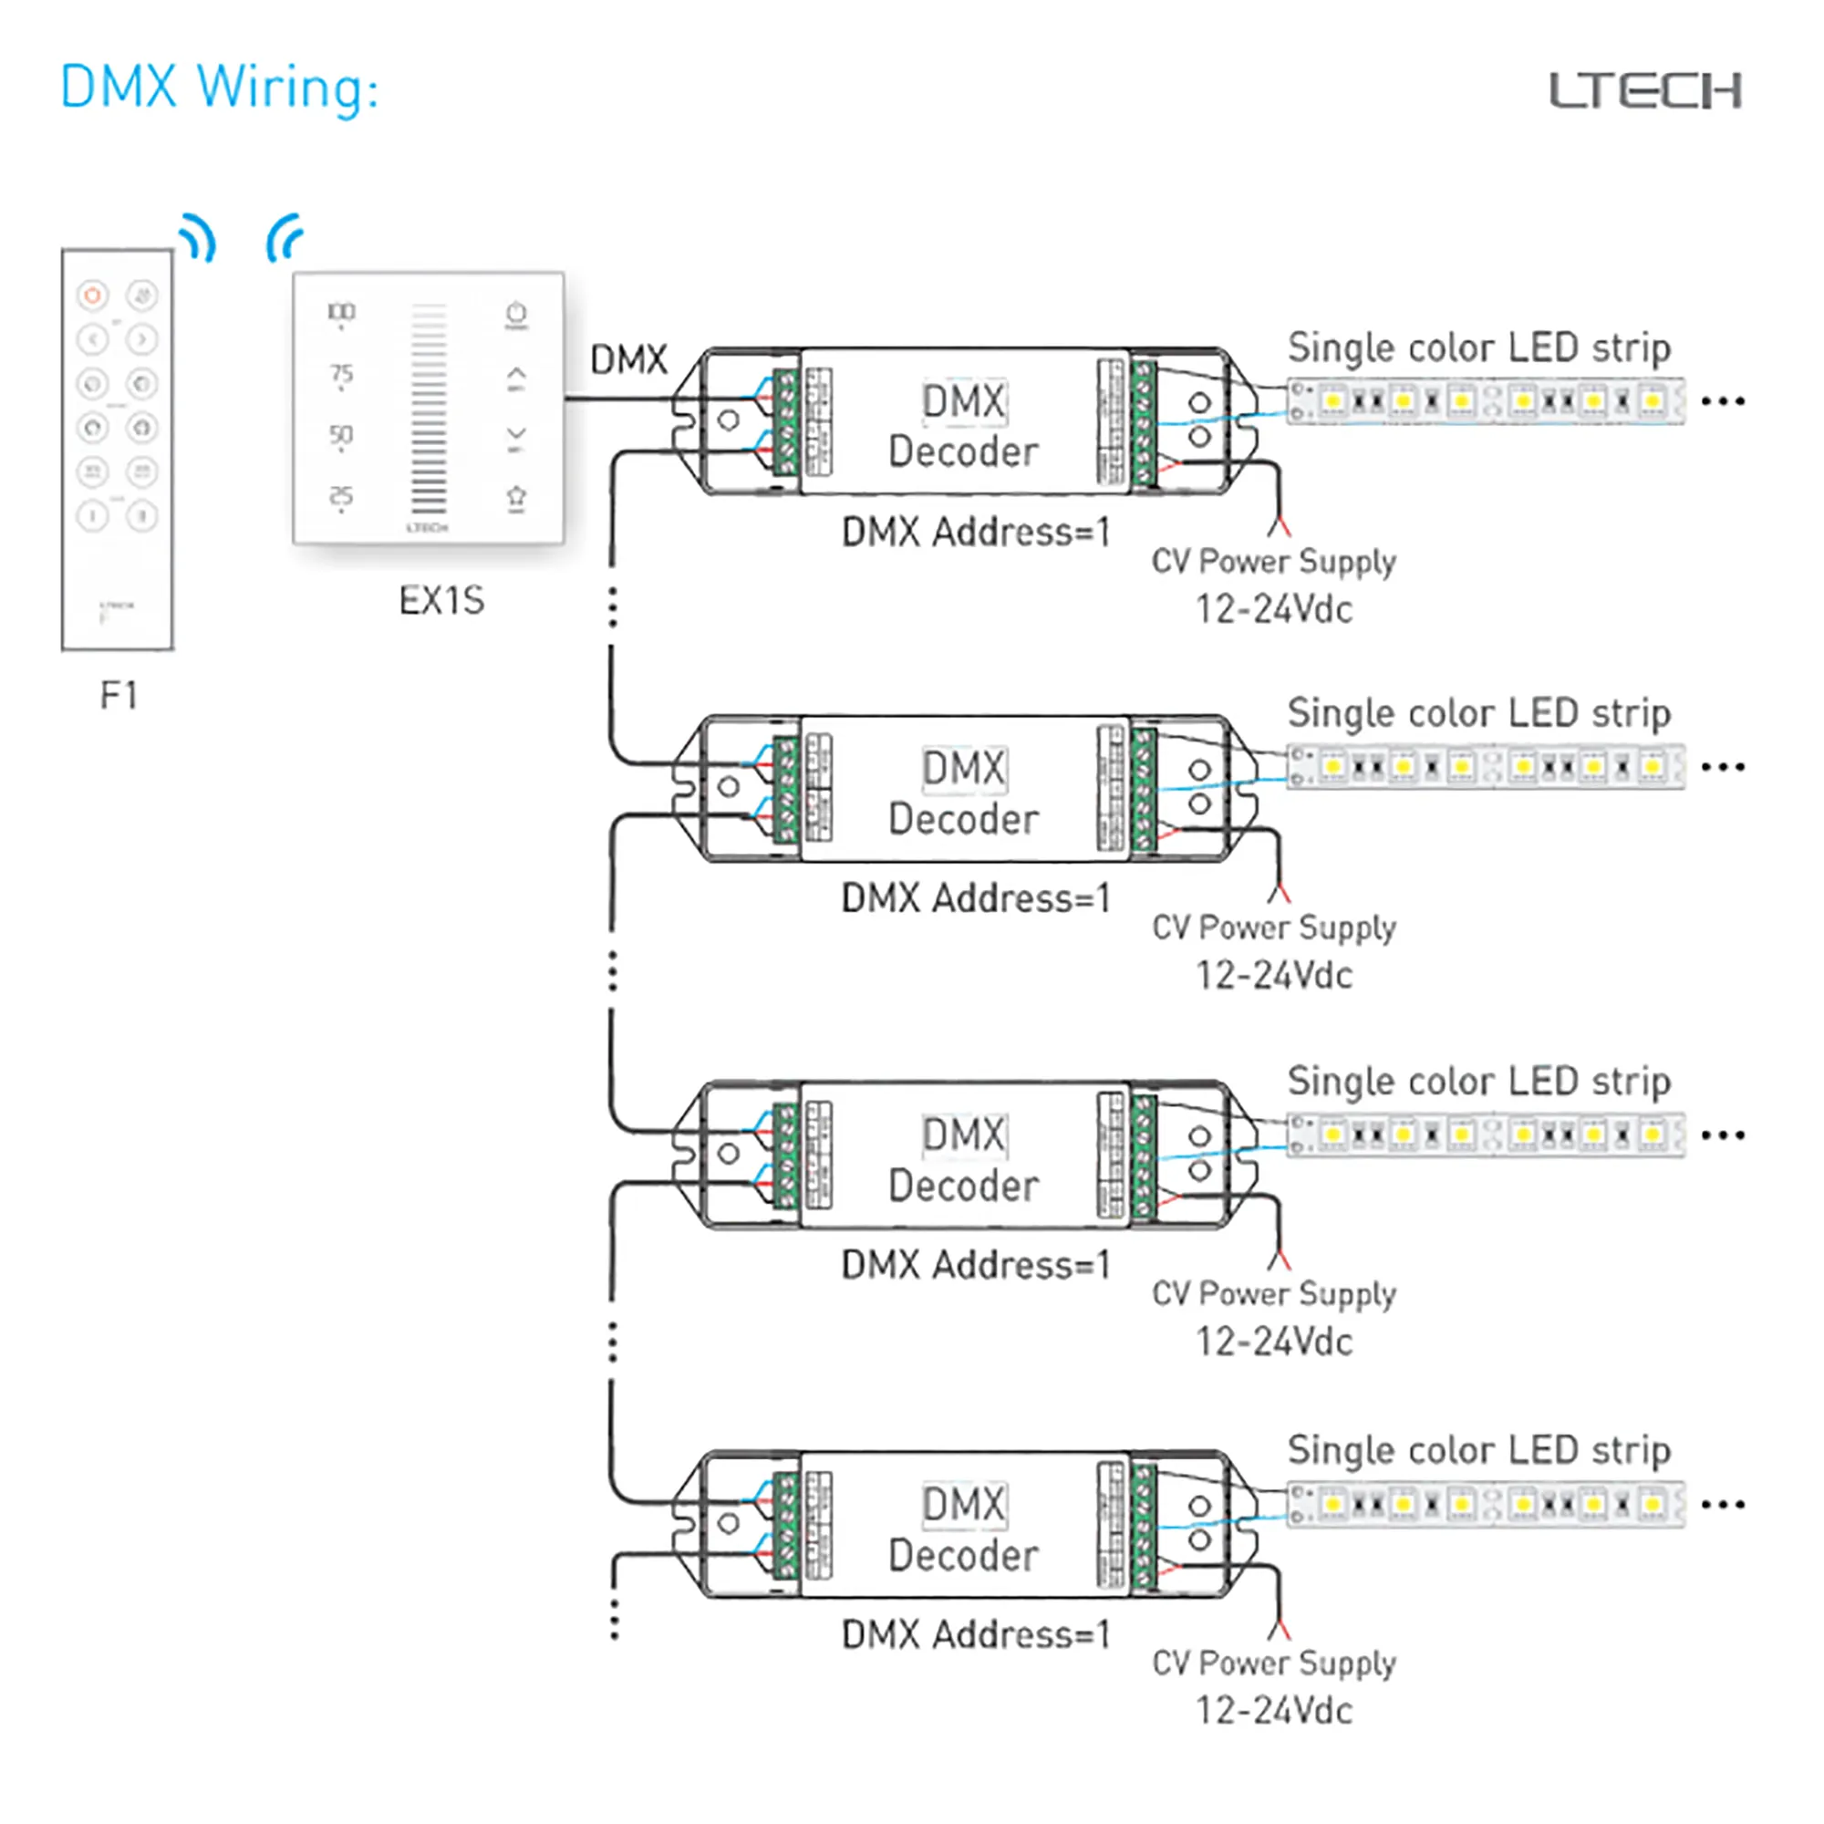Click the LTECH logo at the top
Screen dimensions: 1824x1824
pyautogui.click(x=1644, y=90)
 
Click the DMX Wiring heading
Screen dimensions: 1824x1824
pyautogui.click(x=219, y=87)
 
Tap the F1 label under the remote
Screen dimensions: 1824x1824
pyautogui.click(x=119, y=697)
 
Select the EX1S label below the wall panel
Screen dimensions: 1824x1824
pyautogui.click(x=440, y=600)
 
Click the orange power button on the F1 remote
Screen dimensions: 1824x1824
pyautogui.click(x=92, y=295)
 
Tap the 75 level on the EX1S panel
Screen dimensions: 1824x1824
pyautogui.click(x=341, y=374)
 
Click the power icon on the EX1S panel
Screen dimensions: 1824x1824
pyautogui.click(x=515, y=314)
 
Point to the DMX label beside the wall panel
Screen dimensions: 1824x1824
pyautogui.click(x=627, y=359)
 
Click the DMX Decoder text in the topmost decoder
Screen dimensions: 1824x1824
pyautogui.click(x=963, y=427)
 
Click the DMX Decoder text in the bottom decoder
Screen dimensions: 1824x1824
pyautogui.click(x=963, y=1529)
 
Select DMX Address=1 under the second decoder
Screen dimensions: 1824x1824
pyautogui.click(x=975, y=897)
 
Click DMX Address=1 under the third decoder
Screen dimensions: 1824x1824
pyautogui.click(x=975, y=1264)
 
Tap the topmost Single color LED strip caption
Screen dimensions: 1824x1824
pyautogui.click(x=1478, y=347)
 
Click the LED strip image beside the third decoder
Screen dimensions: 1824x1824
pyautogui.click(x=1485, y=1135)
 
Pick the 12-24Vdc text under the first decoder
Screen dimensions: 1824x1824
pyautogui.click(x=1273, y=610)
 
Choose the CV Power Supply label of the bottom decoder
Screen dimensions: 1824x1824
pyautogui.click(x=1273, y=1662)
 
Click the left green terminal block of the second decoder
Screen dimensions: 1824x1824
pyautogui.click(x=785, y=790)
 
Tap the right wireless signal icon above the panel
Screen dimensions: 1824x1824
pyautogui.click(x=285, y=238)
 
